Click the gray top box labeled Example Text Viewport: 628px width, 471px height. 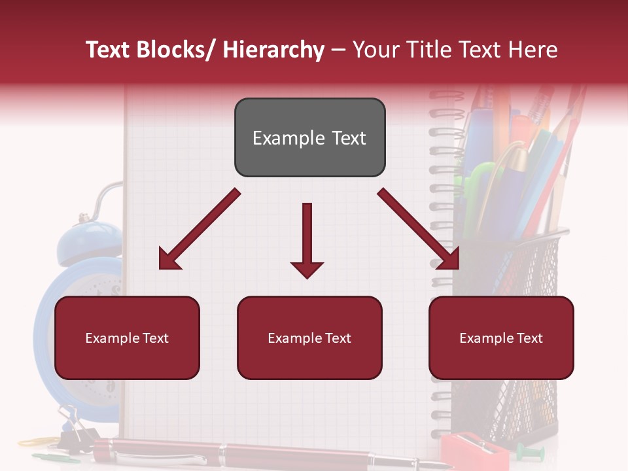coord(309,137)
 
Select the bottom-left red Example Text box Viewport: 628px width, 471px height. coord(127,338)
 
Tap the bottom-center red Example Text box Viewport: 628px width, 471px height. coord(309,338)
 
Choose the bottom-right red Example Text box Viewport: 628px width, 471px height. coord(501,338)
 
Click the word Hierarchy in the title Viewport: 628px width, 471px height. coord(273,50)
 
